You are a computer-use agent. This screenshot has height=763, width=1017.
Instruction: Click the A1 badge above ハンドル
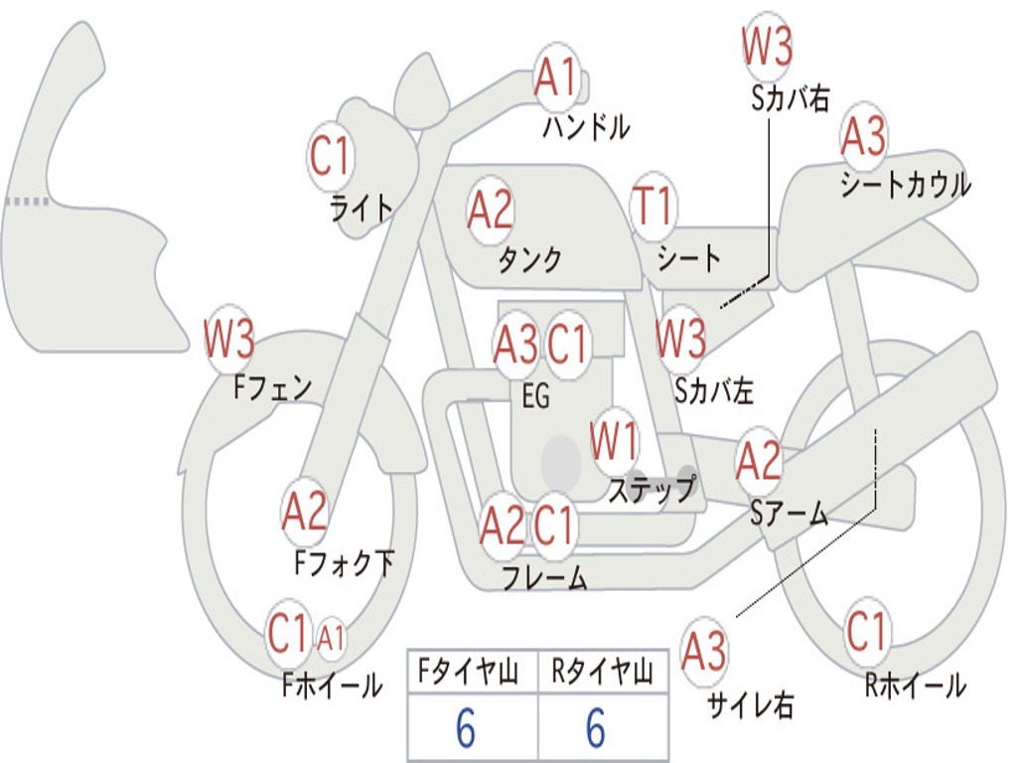coord(555,78)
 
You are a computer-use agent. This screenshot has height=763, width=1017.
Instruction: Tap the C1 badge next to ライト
coord(331,156)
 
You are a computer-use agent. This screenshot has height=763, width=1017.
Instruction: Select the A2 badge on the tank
coord(491,210)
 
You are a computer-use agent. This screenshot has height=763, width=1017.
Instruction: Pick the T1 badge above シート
coord(653,207)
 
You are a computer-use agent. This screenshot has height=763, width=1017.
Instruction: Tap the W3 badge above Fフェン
coord(229,339)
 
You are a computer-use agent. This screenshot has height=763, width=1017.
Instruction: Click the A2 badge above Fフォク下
coord(304,512)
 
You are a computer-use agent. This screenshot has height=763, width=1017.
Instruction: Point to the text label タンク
coord(529,259)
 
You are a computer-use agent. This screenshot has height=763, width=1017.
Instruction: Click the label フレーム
coord(544,577)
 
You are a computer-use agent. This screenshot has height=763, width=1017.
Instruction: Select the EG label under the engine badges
coord(535,396)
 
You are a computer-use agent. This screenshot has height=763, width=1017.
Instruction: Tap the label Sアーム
coord(789,513)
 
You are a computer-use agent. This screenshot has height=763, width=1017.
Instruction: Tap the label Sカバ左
coord(714,390)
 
